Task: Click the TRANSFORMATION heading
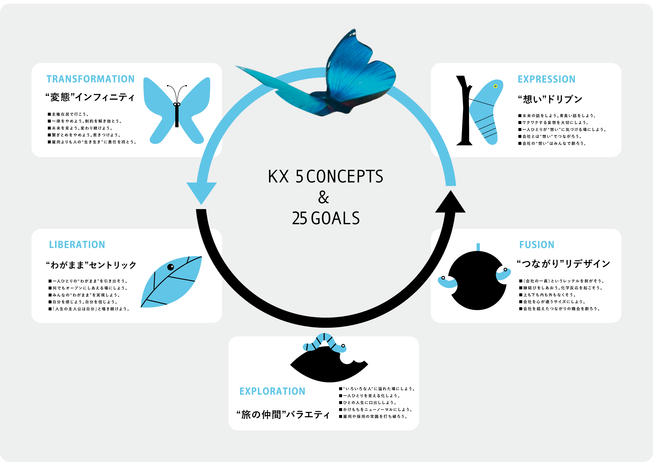coord(90,79)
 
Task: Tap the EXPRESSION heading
coord(546,79)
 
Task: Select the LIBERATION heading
coord(77,245)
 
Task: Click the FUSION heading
coord(536,245)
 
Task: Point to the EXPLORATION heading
coord(272,391)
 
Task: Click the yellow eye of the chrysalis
coord(495,86)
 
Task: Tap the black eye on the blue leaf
coord(170,267)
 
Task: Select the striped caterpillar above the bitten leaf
coord(324,343)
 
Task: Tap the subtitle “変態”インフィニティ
coord(90,98)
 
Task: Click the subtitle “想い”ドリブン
coord(550,99)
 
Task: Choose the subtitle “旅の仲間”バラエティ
coord(283,415)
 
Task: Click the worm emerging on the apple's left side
coord(447,282)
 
